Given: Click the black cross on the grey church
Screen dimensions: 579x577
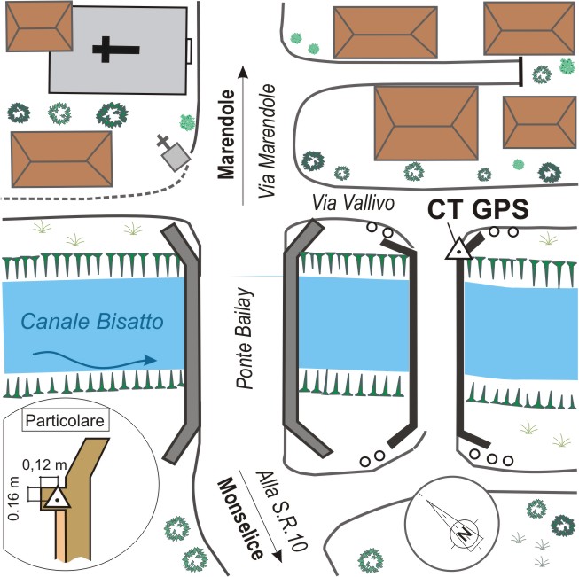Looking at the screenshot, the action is point(106,50).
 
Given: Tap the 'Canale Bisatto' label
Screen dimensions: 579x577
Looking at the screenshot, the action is point(92,321).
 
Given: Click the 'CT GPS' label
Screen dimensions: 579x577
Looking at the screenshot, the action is point(478,210).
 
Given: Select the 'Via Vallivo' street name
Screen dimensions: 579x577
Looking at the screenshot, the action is point(353,203).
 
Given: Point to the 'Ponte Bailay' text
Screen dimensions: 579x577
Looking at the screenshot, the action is point(245,338).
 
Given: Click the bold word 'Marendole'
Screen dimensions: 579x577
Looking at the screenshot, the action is point(226,135).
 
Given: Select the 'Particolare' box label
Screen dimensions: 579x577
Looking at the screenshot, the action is point(66,420).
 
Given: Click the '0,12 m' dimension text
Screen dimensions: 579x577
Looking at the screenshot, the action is point(44,464).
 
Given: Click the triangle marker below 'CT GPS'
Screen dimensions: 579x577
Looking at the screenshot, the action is point(458,250).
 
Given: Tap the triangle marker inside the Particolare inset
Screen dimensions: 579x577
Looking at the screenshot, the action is point(58,498).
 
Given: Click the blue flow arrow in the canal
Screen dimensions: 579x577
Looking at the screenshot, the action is point(95,360).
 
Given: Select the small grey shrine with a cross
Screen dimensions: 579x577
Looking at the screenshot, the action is point(173,152).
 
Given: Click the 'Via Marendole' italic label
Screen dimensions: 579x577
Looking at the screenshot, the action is point(267,141).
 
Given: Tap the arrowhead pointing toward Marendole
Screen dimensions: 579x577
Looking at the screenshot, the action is point(243,73).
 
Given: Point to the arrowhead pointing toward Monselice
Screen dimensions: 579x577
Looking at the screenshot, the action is point(277,555).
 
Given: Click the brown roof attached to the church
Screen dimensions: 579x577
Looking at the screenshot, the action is point(39,26).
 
